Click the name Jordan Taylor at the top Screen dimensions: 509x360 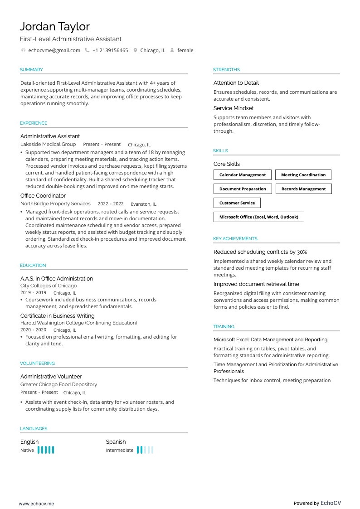pos(54,26)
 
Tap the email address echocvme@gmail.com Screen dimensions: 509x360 pos(54,50)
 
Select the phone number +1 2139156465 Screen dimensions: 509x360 pos(110,50)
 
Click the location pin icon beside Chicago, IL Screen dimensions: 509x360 pos(135,50)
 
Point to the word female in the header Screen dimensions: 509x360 pos(185,50)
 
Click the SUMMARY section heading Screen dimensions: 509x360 pos(31,70)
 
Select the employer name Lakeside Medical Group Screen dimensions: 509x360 pos(48,144)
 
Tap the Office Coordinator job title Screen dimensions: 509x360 pos(43,196)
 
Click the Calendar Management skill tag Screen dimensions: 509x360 pos(243,175)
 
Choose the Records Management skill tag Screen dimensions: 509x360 pos(303,189)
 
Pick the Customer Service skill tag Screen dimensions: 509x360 pos(237,203)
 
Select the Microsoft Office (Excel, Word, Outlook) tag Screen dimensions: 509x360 pos(259,217)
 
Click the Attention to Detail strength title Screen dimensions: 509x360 pos(236,83)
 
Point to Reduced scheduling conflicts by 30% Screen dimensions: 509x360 pos(260,252)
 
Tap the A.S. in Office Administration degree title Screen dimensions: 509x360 pos(57,279)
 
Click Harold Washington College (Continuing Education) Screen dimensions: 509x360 pos(78,323)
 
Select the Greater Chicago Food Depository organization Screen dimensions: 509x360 pos(58,384)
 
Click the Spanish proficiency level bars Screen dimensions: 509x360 pos(145,450)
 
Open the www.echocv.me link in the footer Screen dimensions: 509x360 pos(36,503)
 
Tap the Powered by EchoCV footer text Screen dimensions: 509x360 pos(317,503)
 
